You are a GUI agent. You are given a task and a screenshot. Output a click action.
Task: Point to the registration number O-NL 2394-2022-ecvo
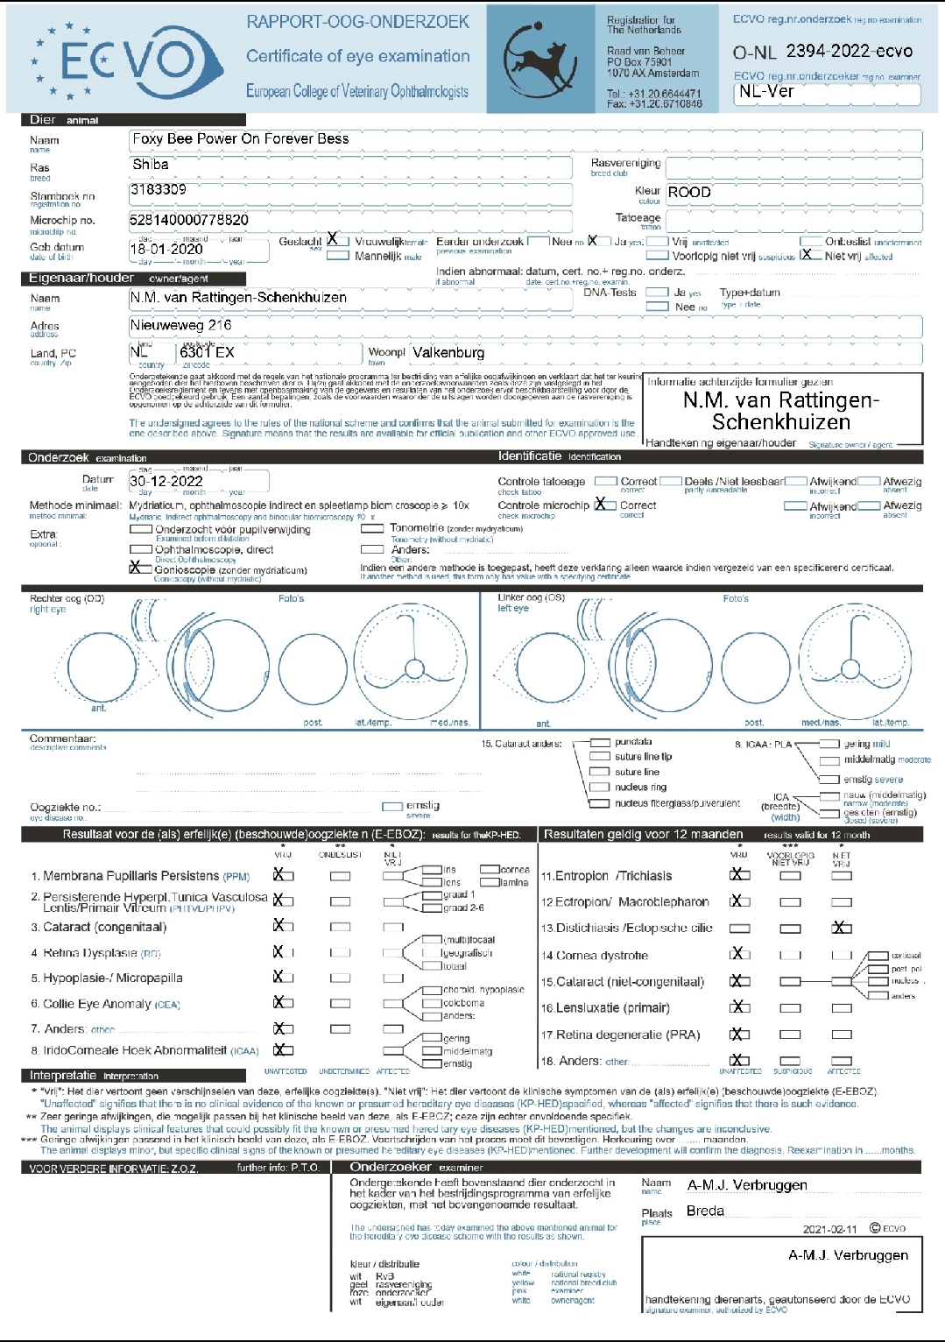pyautogui.click(x=822, y=52)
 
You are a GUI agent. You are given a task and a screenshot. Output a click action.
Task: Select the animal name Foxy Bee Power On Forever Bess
pyautogui.click(x=240, y=139)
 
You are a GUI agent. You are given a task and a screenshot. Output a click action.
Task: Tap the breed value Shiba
pyautogui.click(x=151, y=165)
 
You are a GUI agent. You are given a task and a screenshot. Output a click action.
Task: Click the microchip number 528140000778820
pyautogui.click(x=189, y=220)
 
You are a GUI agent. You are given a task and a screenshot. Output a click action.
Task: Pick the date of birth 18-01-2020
pyautogui.click(x=166, y=249)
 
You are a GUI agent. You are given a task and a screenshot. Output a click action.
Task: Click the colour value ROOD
pyautogui.click(x=689, y=193)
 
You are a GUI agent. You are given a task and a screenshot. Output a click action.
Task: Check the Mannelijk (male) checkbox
pyautogui.click(x=338, y=257)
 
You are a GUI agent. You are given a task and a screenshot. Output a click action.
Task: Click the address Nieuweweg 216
pyautogui.click(x=181, y=325)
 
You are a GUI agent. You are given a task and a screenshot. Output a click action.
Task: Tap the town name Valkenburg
pyautogui.click(x=448, y=352)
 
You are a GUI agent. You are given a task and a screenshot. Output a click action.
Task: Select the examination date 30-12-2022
pyautogui.click(x=166, y=481)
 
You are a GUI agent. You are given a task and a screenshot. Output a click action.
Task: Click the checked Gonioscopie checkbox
pyautogui.click(x=139, y=569)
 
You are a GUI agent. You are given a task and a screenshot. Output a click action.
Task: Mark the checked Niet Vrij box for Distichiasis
pyautogui.click(x=841, y=928)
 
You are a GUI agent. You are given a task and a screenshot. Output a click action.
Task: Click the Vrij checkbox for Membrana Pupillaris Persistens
pyautogui.click(x=283, y=875)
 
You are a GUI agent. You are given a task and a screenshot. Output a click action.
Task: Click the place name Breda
pyautogui.click(x=705, y=1211)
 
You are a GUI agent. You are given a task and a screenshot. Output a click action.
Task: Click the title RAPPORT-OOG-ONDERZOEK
pyautogui.click(x=357, y=22)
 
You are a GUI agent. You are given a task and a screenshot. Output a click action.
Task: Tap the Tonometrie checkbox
pyautogui.click(x=373, y=528)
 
